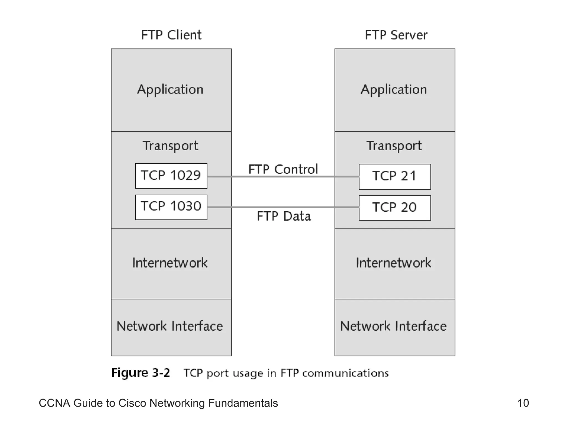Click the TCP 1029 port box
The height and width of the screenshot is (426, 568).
pyautogui.click(x=171, y=176)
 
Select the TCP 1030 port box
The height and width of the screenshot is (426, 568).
pyautogui.click(x=171, y=207)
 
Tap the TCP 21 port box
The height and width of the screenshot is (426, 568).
pyautogui.click(x=395, y=177)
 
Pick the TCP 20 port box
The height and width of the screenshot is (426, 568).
pyautogui.click(x=395, y=208)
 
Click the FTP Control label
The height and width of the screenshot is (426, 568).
pyautogui.click(x=283, y=169)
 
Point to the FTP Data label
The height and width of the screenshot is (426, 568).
pyautogui.click(x=283, y=216)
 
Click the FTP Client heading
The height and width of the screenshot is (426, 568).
pyautogui.click(x=171, y=35)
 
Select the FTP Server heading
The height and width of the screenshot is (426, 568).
pyautogui.click(x=396, y=35)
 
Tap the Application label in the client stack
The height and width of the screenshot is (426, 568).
pyautogui.click(x=170, y=90)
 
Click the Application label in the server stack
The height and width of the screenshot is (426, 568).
pyautogui.click(x=394, y=90)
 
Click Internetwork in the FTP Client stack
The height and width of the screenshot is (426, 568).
pyautogui.click(x=170, y=263)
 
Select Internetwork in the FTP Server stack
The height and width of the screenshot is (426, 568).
pyautogui.click(x=394, y=263)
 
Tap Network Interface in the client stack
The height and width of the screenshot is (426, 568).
pyautogui.click(x=170, y=326)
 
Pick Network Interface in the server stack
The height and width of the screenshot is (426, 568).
pyautogui.click(x=393, y=326)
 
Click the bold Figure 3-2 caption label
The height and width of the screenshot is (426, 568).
pyautogui.click(x=140, y=373)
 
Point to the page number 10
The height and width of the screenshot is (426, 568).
pyautogui.click(x=523, y=403)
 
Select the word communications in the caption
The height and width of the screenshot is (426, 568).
pyautogui.click(x=345, y=373)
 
